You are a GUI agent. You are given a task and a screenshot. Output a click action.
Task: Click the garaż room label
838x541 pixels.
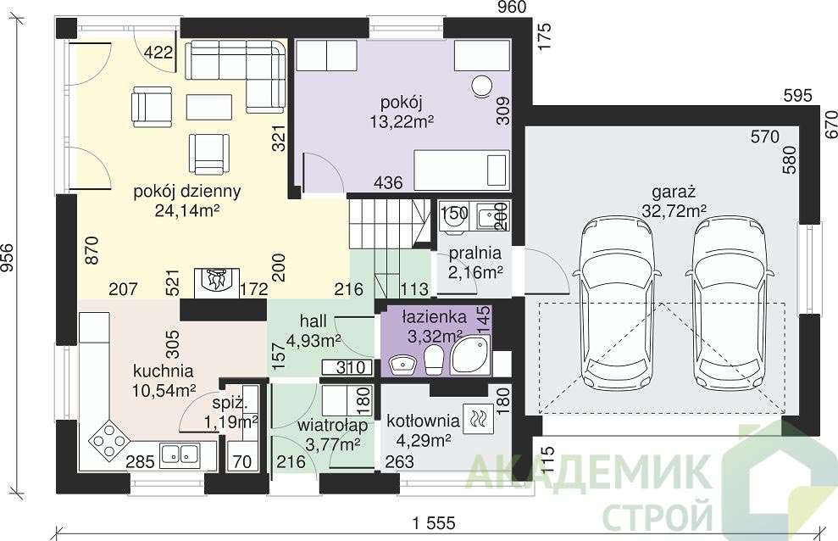(673, 192)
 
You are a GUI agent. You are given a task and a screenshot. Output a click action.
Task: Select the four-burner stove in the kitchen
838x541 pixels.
(109, 440)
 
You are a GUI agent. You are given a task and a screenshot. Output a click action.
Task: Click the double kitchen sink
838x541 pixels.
(180, 455)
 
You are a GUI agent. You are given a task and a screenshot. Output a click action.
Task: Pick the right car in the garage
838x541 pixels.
(730, 304)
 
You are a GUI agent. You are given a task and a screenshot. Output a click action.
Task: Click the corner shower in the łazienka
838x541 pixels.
(469, 355)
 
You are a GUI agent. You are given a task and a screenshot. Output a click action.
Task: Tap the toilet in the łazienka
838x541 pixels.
(434, 359)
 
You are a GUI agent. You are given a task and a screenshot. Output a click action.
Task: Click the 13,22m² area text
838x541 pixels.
(402, 122)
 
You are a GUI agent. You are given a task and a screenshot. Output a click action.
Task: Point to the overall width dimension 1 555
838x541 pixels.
(434, 522)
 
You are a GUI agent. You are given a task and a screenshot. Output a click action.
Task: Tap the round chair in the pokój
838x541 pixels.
(481, 86)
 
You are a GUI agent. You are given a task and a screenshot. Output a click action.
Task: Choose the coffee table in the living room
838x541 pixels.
(209, 107)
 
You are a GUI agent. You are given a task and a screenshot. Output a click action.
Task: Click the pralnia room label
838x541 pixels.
(475, 253)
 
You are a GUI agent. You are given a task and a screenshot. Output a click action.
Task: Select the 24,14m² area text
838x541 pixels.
(187, 210)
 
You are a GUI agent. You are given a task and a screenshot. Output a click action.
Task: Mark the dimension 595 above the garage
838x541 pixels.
(797, 96)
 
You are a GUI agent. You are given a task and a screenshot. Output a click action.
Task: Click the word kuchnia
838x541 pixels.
(163, 371)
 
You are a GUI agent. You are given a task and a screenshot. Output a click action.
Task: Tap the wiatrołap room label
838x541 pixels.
(332, 425)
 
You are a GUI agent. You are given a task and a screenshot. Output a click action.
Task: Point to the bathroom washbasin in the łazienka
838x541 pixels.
(403, 365)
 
